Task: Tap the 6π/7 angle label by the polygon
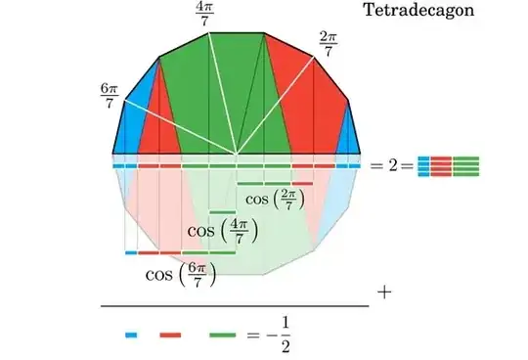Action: (x=109, y=96)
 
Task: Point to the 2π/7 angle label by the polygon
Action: (x=329, y=43)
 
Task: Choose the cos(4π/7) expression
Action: (x=222, y=233)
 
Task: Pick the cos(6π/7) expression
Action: (x=180, y=274)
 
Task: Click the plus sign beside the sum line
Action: (x=383, y=292)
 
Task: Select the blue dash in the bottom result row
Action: (x=131, y=336)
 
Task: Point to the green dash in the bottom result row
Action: (x=222, y=336)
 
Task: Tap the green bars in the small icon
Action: (x=466, y=165)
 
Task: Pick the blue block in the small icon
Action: (x=422, y=165)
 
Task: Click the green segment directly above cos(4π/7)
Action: (x=223, y=212)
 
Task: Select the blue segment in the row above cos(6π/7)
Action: (x=131, y=252)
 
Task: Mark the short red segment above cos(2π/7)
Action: (x=302, y=183)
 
